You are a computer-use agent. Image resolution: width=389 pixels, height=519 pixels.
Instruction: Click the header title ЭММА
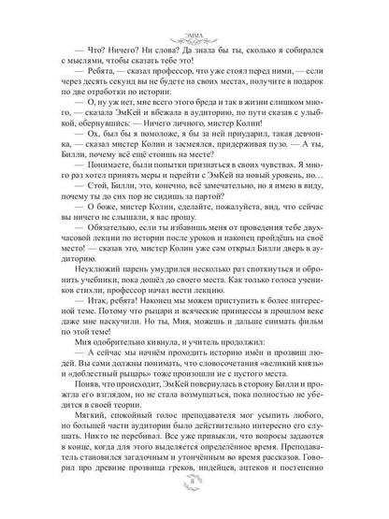(x=194, y=12)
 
